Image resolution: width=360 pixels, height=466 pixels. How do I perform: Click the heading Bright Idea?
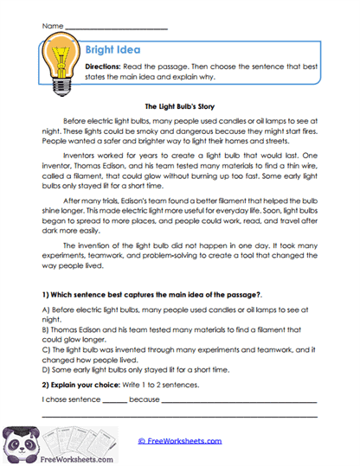coord(113,51)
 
